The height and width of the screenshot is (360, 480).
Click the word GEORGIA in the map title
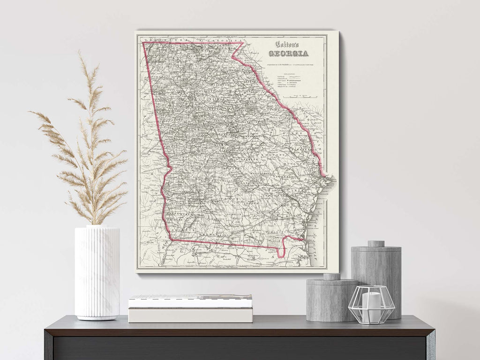pyautogui.click(x=292, y=53)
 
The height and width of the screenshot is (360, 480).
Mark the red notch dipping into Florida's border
pyautogui.click(x=281, y=253)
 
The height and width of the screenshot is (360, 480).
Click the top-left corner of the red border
pyautogui.click(x=143, y=43)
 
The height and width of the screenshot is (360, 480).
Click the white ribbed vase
pyautogui.click(x=97, y=272)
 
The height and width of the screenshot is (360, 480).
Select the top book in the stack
pyautogui.click(x=190, y=301)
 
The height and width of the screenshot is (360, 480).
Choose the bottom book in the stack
pyautogui.click(x=190, y=315)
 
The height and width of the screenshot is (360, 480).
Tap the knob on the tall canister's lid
pyautogui.click(x=376, y=244)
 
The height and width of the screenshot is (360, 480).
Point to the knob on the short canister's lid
pyautogui.click(x=332, y=277)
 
